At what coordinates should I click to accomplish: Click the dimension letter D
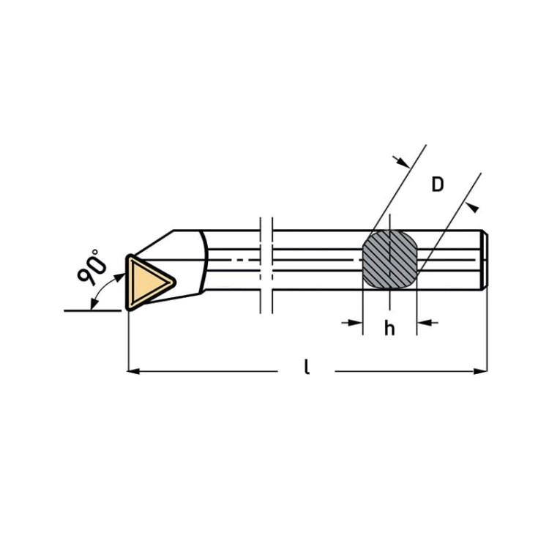[438, 184]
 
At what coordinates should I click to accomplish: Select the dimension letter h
[389, 328]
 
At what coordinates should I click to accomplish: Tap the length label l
[307, 367]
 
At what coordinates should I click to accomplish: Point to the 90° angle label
[91, 266]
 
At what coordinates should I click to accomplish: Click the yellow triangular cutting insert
[149, 283]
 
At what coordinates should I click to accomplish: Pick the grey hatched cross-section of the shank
[389, 259]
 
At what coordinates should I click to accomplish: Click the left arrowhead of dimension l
[133, 371]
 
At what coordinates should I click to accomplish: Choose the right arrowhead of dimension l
[480, 371]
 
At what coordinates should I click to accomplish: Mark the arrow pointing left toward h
[427, 323]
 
